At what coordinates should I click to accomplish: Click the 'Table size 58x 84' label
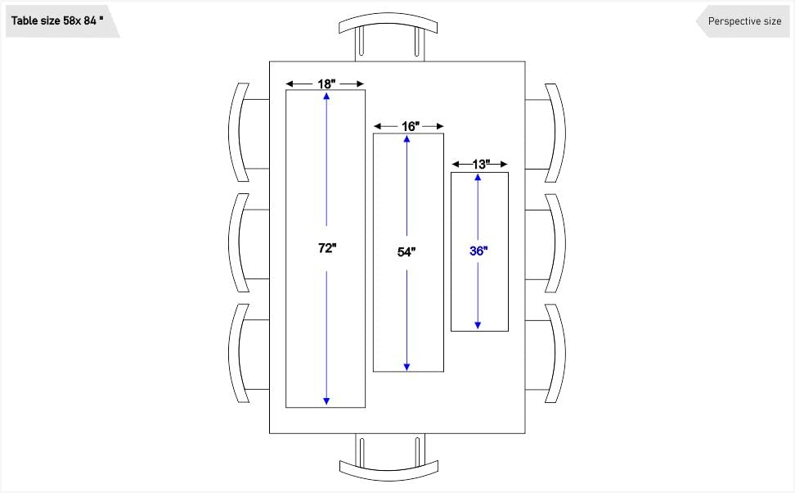tap(57, 21)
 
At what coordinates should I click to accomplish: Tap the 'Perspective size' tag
tap(743, 21)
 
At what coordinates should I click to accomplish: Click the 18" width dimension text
tap(326, 84)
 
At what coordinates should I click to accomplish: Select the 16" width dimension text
tap(410, 126)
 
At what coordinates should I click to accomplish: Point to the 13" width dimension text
tap(481, 165)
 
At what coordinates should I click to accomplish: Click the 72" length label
tap(327, 248)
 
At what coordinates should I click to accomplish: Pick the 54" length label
tap(406, 252)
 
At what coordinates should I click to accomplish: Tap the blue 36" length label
tap(478, 251)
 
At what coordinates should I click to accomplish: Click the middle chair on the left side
tap(244, 243)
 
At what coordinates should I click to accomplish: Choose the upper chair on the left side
tap(244, 133)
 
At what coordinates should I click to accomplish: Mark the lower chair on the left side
tap(244, 354)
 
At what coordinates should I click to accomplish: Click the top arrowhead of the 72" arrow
tap(326, 96)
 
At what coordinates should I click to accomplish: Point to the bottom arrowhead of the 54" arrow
tap(406, 366)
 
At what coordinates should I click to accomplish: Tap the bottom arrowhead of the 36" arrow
tap(478, 326)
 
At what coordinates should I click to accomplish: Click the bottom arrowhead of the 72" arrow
tap(326, 400)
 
